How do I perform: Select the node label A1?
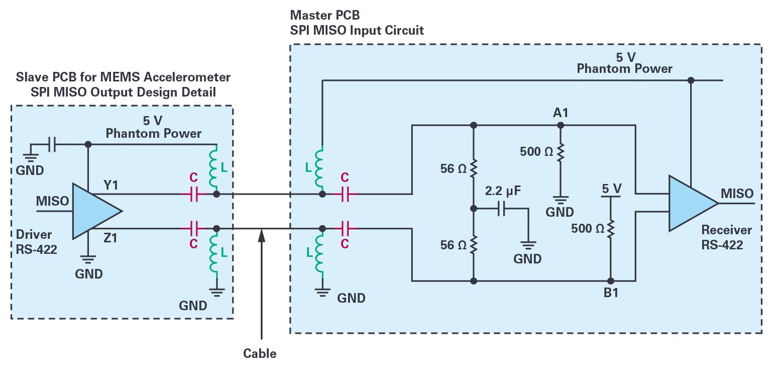click(561, 113)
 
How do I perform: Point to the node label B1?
click(611, 293)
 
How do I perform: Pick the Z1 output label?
click(110, 237)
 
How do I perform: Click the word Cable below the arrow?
click(260, 353)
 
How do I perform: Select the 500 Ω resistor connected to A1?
click(561, 151)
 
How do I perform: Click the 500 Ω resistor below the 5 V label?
click(611, 229)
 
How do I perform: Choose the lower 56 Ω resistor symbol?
click(473, 245)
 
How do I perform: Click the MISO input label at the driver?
click(52, 201)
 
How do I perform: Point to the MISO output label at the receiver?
click(737, 194)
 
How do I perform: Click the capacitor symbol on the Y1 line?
click(193, 194)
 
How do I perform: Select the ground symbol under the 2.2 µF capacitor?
click(528, 245)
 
